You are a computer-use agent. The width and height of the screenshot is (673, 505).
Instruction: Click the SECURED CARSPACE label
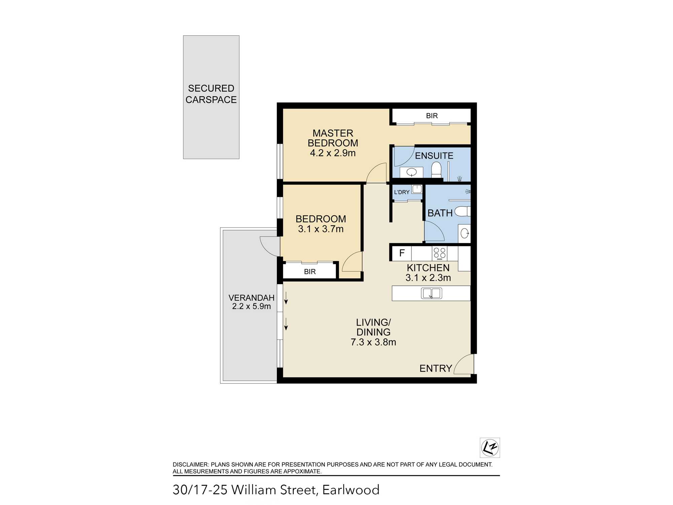[x=211, y=94]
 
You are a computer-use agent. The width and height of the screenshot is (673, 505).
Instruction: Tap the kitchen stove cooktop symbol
[x=439, y=253]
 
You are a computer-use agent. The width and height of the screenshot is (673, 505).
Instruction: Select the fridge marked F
[x=402, y=253]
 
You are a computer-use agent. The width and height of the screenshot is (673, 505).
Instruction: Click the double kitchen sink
[x=431, y=293]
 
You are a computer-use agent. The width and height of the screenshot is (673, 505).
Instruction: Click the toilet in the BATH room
[x=463, y=211]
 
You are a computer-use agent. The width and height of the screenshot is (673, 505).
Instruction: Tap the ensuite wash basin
[x=412, y=172]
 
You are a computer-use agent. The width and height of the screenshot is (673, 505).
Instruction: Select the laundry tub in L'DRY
[x=417, y=189]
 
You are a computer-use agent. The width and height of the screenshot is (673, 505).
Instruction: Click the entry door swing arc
[x=464, y=364]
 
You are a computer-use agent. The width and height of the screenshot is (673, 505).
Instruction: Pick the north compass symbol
[x=490, y=448]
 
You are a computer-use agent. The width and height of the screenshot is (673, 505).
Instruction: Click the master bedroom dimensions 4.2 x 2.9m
[x=332, y=153]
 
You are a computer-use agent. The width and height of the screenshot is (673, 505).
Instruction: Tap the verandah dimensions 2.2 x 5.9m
[x=251, y=306]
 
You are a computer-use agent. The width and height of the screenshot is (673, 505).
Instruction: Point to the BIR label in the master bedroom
[x=432, y=116]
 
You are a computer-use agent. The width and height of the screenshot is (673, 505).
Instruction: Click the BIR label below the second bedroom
[x=310, y=272]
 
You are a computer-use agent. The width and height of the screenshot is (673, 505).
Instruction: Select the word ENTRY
[x=435, y=369]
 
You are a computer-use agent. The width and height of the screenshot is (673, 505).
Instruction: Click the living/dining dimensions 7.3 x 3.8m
[x=373, y=342]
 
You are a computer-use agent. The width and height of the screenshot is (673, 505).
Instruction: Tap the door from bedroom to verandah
[x=270, y=246]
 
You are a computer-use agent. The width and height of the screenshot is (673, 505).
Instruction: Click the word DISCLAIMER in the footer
[x=190, y=465]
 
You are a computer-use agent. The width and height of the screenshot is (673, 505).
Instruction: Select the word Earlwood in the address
[x=351, y=490]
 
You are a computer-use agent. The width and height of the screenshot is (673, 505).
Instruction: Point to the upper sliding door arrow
[x=286, y=298]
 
